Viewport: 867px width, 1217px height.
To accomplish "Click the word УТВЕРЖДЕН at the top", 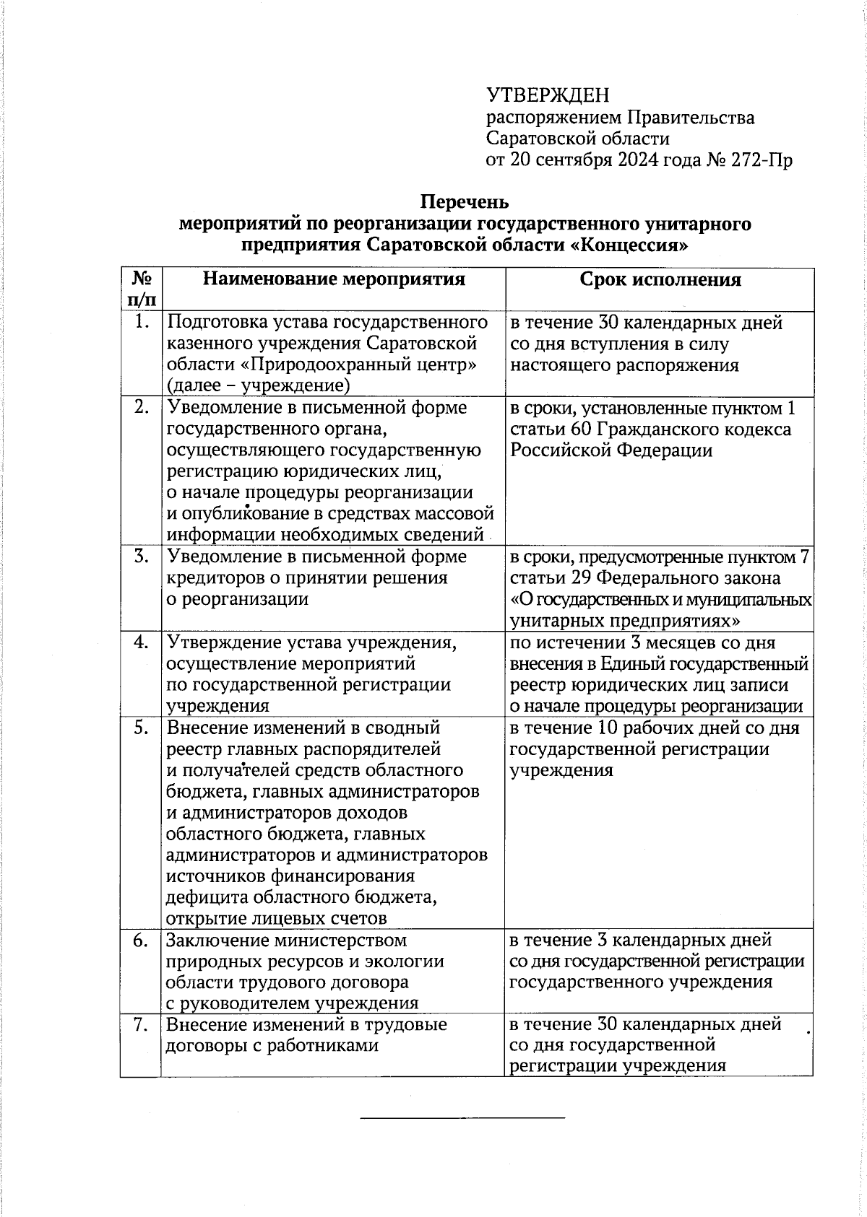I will pyautogui.click(x=548, y=95).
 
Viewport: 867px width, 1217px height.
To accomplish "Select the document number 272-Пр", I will pyautogui.click(x=762, y=160).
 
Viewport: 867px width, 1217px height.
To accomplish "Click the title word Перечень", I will pyautogui.click(x=466, y=201).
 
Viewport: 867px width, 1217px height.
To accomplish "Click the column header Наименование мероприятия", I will pyautogui.click(x=334, y=279).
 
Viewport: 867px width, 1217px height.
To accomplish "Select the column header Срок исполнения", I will pyautogui.click(x=660, y=279).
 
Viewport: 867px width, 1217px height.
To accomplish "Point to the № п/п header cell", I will pyautogui.click(x=142, y=288).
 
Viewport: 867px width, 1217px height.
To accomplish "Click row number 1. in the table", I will pyautogui.click(x=142, y=323).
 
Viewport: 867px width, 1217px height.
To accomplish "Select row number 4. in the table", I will pyautogui.click(x=142, y=642).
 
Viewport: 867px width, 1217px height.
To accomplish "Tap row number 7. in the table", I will pyautogui.click(x=142, y=1024).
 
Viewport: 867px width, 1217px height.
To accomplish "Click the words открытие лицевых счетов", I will pyautogui.click(x=277, y=918).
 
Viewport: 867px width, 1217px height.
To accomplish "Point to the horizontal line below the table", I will pyautogui.click(x=462, y=1118).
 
